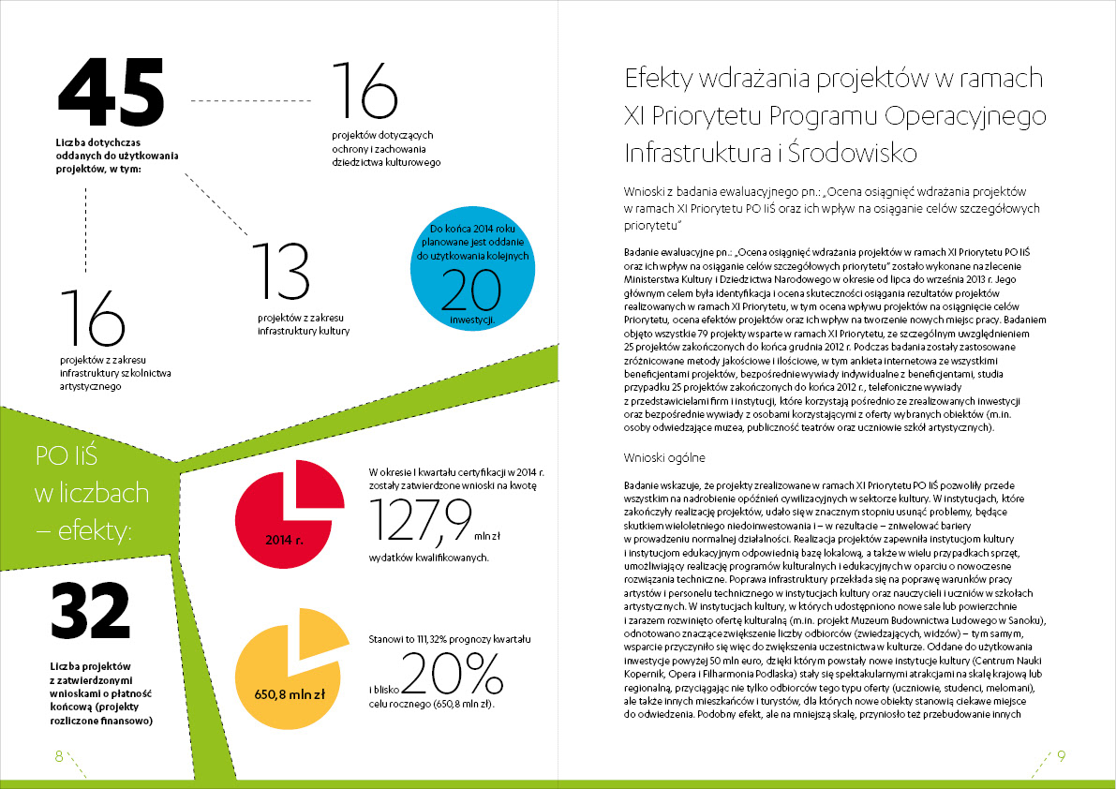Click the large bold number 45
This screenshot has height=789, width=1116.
(x=111, y=92)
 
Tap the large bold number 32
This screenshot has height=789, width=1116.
(x=89, y=612)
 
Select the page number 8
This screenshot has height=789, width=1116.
(x=58, y=757)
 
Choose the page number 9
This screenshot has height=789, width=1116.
(x=1061, y=757)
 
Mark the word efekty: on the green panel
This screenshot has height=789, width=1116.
(x=100, y=531)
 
